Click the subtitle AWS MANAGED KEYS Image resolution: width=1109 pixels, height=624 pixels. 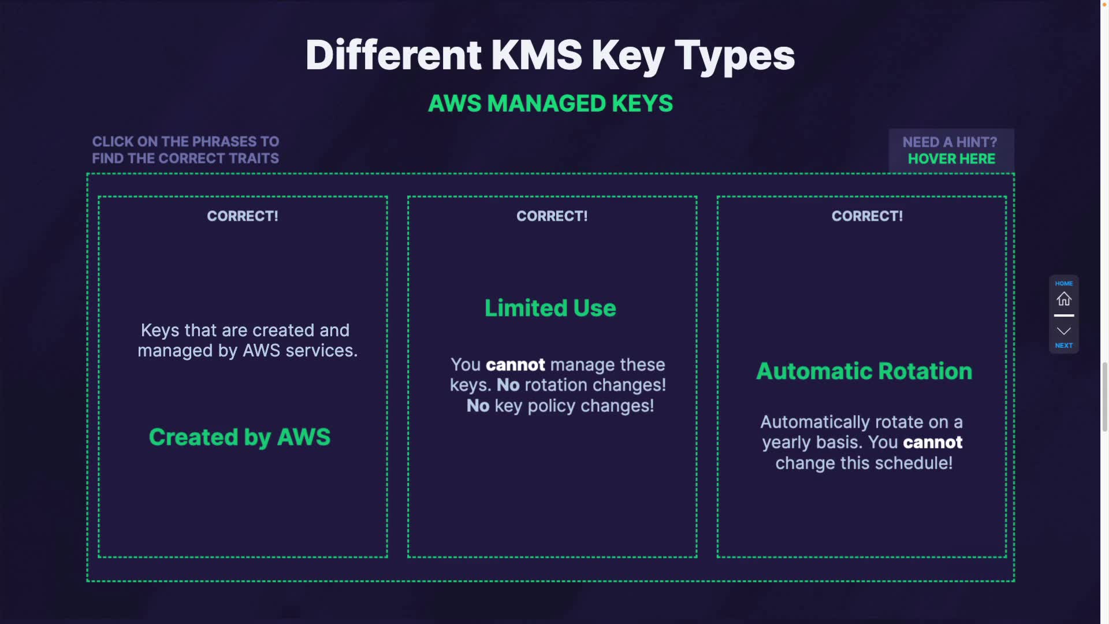[x=550, y=103]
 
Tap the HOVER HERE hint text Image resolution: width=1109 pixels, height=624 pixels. [x=951, y=159]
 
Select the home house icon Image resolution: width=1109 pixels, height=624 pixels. [x=1063, y=299]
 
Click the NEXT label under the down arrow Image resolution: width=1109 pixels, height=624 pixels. [x=1063, y=346]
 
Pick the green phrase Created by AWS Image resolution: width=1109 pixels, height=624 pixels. [x=240, y=437]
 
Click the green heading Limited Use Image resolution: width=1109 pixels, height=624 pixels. [x=550, y=308]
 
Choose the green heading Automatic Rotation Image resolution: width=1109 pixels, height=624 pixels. [x=864, y=371]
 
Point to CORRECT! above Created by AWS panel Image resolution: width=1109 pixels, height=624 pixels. [x=243, y=216]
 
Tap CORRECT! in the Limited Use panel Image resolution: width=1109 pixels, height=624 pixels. [x=552, y=216]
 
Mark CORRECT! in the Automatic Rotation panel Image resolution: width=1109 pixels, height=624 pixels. [x=867, y=216]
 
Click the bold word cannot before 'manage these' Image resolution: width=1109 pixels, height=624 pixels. [x=515, y=365]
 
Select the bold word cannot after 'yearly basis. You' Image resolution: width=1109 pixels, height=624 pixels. [x=932, y=443]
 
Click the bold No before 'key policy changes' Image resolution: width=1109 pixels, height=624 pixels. [x=478, y=406]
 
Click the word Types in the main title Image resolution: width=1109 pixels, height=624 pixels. [x=734, y=55]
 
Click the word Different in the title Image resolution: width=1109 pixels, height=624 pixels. [x=393, y=55]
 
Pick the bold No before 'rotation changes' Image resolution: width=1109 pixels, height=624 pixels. [x=508, y=385]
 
